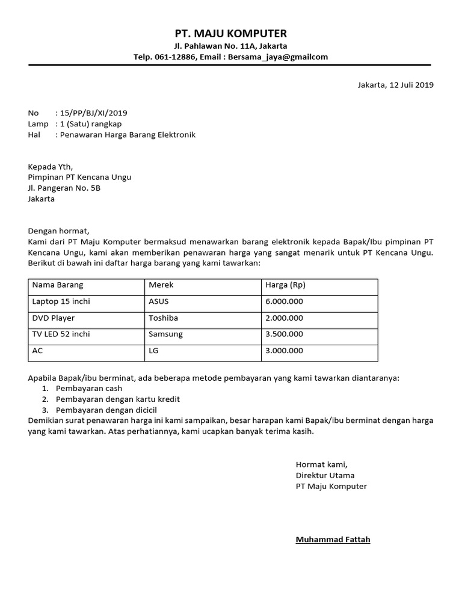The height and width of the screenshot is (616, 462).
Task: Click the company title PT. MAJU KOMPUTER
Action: pos(231,33)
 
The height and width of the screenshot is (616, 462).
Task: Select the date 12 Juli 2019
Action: pos(411,85)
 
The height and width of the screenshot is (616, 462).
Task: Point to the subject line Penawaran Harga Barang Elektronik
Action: pos(126,135)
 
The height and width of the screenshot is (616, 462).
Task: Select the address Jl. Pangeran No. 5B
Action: pos(64,188)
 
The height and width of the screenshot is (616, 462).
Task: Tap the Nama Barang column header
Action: pos(58,285)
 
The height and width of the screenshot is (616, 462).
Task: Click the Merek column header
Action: pos(161,285)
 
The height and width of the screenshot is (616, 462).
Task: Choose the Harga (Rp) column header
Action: pos(285,285)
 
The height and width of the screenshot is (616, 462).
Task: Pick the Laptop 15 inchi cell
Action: pos(61,301)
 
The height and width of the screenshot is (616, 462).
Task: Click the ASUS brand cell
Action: pos(159,301)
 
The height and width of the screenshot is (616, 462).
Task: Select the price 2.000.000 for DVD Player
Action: pos(284,318)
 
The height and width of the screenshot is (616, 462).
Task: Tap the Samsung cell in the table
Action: pos(165,334)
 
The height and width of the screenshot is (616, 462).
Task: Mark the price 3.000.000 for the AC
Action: pos(284,350)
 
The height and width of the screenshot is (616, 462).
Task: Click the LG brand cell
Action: pos(153,350)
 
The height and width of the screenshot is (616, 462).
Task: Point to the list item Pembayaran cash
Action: pos(90,389)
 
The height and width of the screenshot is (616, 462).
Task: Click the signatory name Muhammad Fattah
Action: pos(333,540)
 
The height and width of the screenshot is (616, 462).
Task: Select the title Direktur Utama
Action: pos(325,475)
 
